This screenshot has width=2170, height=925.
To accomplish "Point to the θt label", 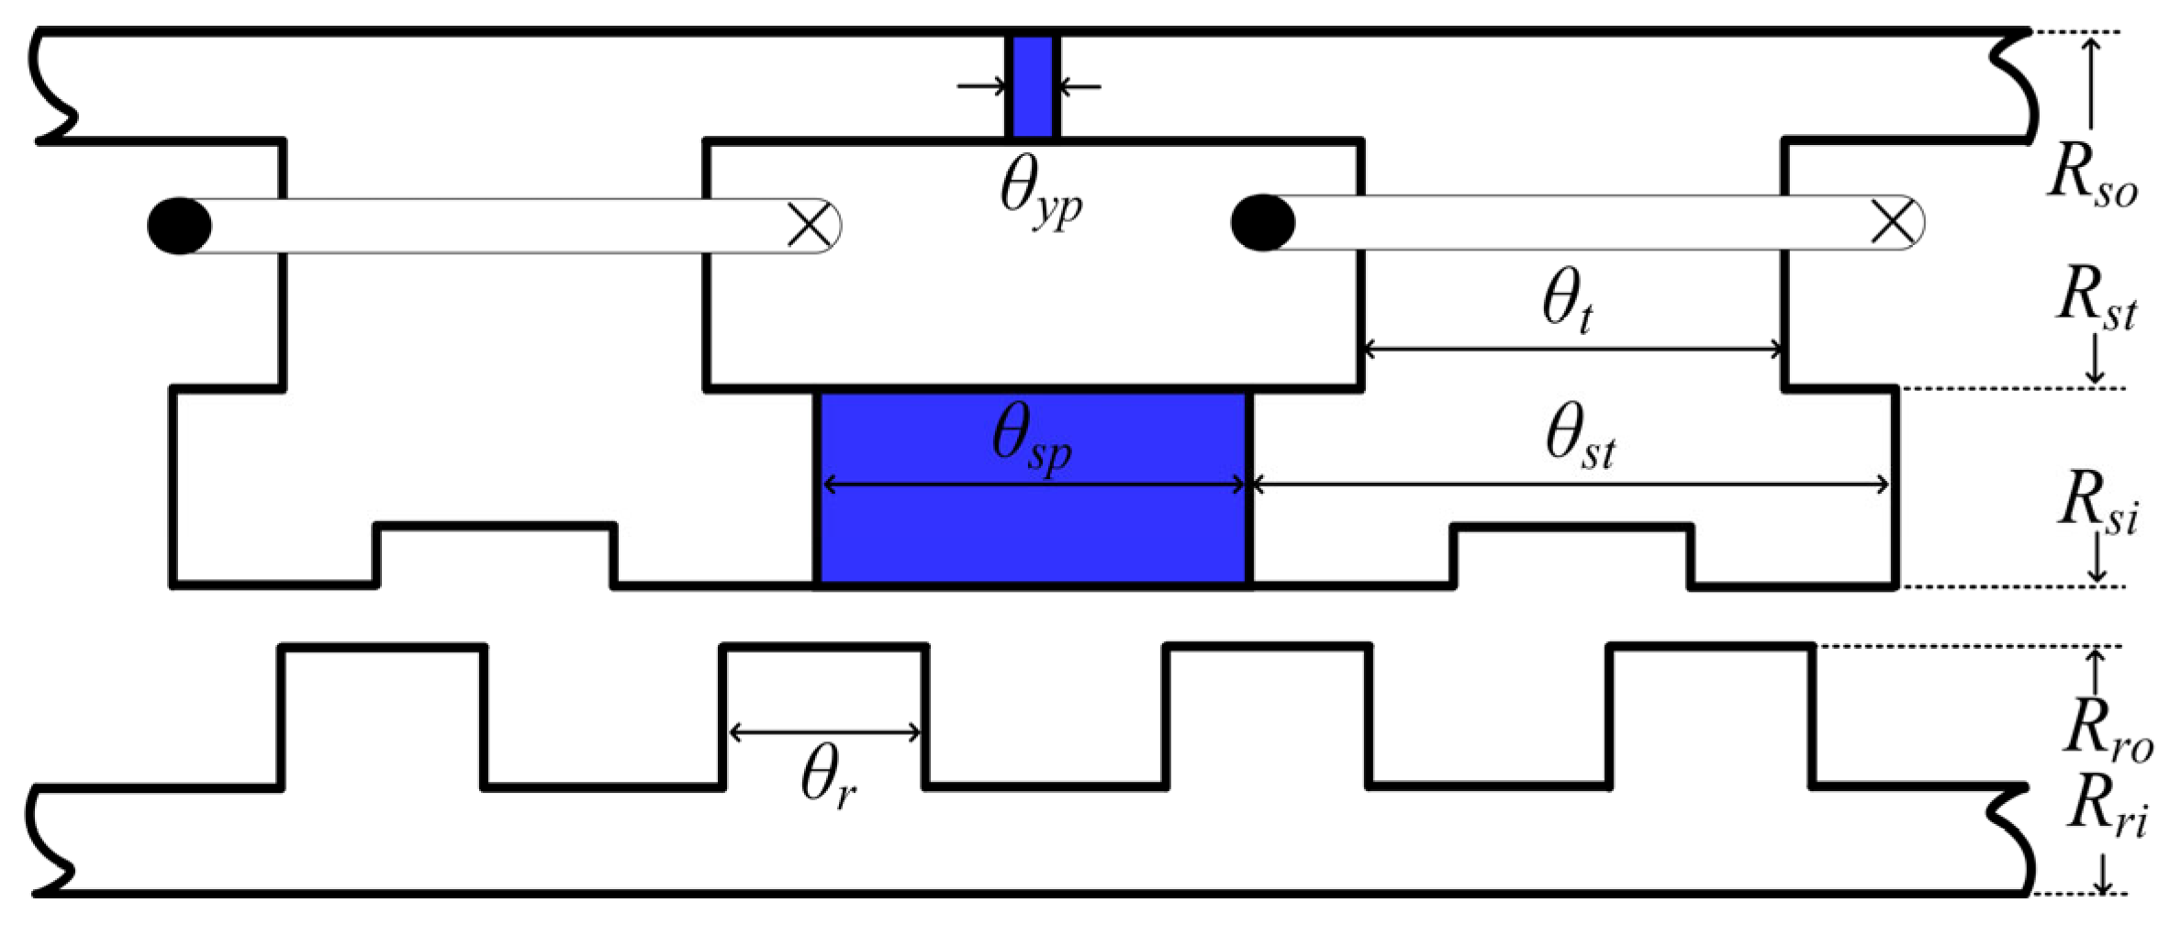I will [x=1566, y=306].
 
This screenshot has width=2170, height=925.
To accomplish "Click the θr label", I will [x=829, y=778].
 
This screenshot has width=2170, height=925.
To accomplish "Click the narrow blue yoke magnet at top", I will [x=1033, y=86].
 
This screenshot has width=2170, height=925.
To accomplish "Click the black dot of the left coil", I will [x=180, y=225].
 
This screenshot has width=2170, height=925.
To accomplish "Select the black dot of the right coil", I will [x=1263, y=222].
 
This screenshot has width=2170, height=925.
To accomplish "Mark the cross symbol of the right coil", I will [x=1893, y=223].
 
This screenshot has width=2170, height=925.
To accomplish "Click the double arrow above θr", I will [x=823, y=731].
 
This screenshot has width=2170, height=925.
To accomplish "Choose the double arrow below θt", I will [x=1572, y=350].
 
